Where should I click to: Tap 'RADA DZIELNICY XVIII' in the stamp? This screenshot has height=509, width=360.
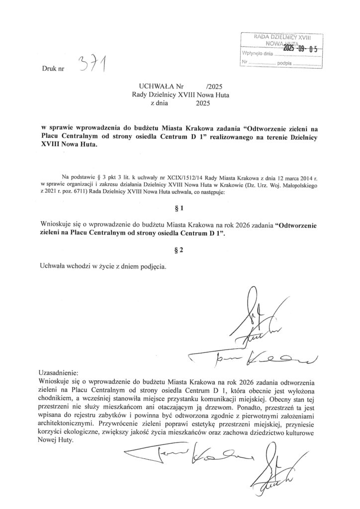[282, 37]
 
